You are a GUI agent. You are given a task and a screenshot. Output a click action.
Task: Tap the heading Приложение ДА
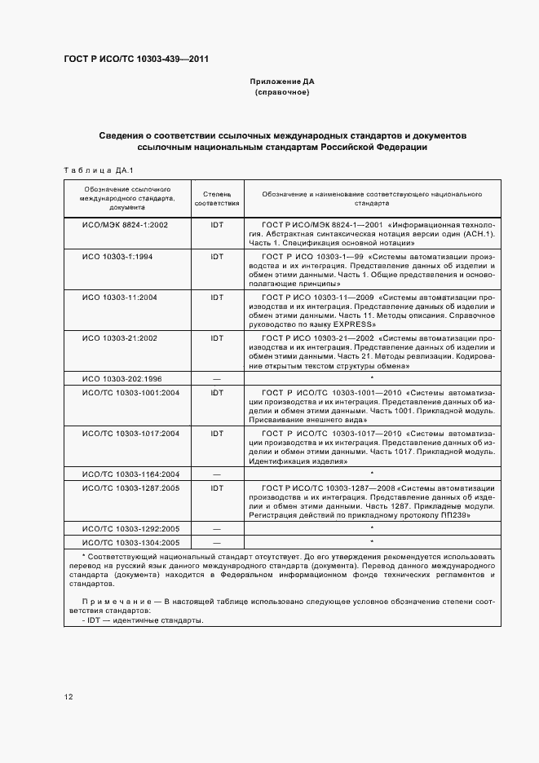[x=281, y=83]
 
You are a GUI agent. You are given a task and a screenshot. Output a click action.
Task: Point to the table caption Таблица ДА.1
[x=91, y=171]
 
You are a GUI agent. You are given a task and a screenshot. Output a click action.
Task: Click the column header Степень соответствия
[x=217, y=201]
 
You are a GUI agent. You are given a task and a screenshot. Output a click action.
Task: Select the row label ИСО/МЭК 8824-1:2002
[x=125, y=224]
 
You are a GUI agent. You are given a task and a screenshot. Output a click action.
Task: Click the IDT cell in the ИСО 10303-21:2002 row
[x=217, y=337]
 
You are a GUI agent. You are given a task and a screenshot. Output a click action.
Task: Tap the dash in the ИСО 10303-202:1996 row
[x=217, y=379]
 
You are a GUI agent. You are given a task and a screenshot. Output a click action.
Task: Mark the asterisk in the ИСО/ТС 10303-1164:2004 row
[x=372, y=474]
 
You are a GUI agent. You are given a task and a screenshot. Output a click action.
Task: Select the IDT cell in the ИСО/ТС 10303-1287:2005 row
[x=217, y=487]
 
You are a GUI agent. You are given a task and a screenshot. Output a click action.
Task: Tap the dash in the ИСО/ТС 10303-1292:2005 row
[x=217, y=529]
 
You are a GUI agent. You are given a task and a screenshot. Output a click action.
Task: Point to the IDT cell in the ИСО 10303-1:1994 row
[x=217, y=257]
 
